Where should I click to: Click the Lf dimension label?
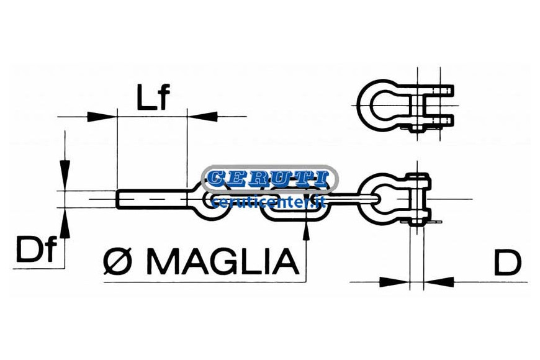point(153,97)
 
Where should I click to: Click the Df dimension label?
point(36,250)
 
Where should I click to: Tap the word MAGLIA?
point(223,262)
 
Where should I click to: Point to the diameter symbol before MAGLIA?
point(118,262)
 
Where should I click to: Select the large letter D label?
point(508,263)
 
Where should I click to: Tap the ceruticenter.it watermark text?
point(269,202)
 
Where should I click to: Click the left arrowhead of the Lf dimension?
point(102,117)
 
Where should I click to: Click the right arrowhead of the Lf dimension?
point(203,117)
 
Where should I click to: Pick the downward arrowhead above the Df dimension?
point(65,174)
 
